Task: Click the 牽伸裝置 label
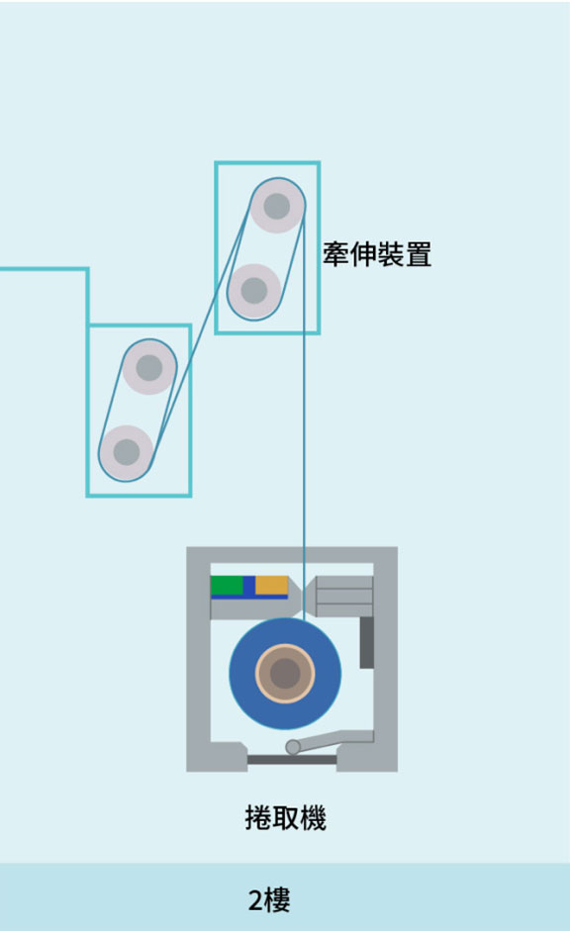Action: [377, 254]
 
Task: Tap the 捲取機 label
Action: [286, 817]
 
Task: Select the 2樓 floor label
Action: [269, 900]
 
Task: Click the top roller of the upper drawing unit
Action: [277, 206]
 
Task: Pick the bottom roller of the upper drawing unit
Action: [254, 290]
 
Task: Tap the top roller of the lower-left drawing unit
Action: [149, 367]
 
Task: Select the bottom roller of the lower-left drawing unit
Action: [127, 452]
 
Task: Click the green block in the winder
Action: [227, 585]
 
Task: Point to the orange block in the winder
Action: [271, 585]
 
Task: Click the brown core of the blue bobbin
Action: [285, 674]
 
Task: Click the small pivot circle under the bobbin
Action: [293, 746]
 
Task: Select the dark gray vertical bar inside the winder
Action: [367, 642]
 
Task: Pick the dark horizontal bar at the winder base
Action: [292, 760]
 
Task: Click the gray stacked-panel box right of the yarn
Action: [344, 597]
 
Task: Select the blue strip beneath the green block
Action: [249, 596]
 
